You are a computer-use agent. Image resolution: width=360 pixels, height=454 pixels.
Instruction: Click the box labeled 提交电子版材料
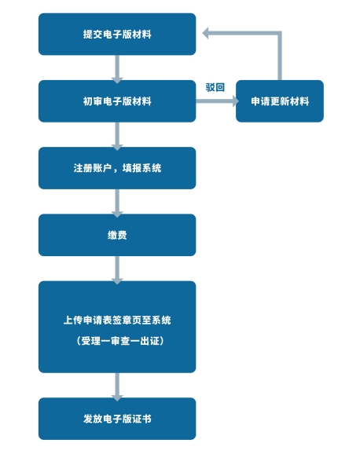tap(117, 34)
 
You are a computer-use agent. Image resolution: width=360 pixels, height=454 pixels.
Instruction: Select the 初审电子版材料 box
tap(117, 101)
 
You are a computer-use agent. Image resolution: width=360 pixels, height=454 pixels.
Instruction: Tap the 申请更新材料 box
tap(280, 101)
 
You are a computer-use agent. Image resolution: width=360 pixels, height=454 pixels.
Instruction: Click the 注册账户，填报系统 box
tap(117, 168)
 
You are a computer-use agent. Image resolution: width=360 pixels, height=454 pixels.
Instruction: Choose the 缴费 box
tap(117, 235)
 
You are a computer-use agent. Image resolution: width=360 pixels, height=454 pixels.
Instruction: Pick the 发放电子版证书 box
tap(117, 419)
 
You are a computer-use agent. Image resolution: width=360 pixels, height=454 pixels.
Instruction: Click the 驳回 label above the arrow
tap(215, 87)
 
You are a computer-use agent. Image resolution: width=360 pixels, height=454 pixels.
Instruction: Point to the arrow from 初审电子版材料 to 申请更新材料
tap(217, 101)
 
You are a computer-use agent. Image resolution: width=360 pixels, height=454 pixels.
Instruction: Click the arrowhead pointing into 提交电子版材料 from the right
tap(205, 33)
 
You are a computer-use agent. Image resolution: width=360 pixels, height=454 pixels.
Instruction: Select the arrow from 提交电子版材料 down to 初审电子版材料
tap(117, 69)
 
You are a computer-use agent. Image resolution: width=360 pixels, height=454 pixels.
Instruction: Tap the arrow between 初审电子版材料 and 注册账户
tap(117, 136)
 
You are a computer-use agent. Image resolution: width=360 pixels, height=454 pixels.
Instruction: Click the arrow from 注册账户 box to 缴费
tap(117, 203)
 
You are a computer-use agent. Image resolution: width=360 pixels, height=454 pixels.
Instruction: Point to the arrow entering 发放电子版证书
tap(117, 386)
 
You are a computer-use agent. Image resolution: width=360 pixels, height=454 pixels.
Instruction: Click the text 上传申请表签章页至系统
tap(117, 320)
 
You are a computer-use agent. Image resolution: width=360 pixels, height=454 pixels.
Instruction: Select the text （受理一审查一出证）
tap(120, 341)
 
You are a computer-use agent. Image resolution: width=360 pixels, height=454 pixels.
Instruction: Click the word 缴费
tap(117, 235)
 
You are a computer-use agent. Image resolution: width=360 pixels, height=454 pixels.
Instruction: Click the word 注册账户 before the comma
tap(93, 168)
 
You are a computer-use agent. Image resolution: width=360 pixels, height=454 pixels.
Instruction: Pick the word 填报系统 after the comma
tap(141, 168)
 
